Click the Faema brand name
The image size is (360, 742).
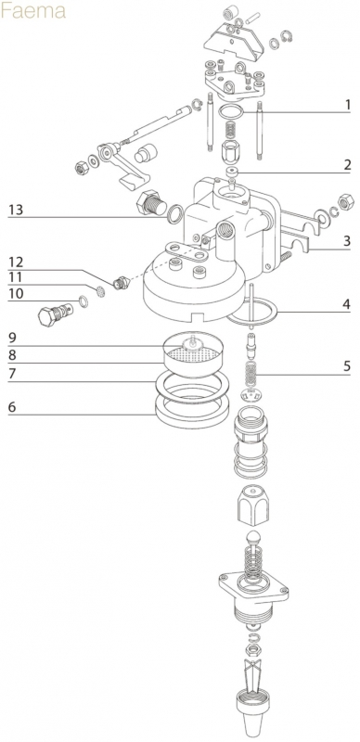pos(32,11)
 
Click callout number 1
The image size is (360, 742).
pos(348,105)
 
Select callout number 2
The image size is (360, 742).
pos(347,165)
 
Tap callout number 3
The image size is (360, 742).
pos(347,241)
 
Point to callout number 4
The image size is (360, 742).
pos(347,304)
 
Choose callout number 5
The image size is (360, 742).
pos(347,365)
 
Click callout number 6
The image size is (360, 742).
pos(13,406)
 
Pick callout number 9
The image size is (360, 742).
pos(13,338)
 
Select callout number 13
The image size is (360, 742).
pos(16,210)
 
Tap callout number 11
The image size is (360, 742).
pos(15,276)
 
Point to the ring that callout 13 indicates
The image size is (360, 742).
pos(174,214)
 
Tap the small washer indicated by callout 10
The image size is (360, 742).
pos(83,300)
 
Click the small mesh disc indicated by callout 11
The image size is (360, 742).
pos(100,292)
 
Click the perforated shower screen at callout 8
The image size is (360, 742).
pos(194,354)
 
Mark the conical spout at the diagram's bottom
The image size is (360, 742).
pos(254,714)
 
